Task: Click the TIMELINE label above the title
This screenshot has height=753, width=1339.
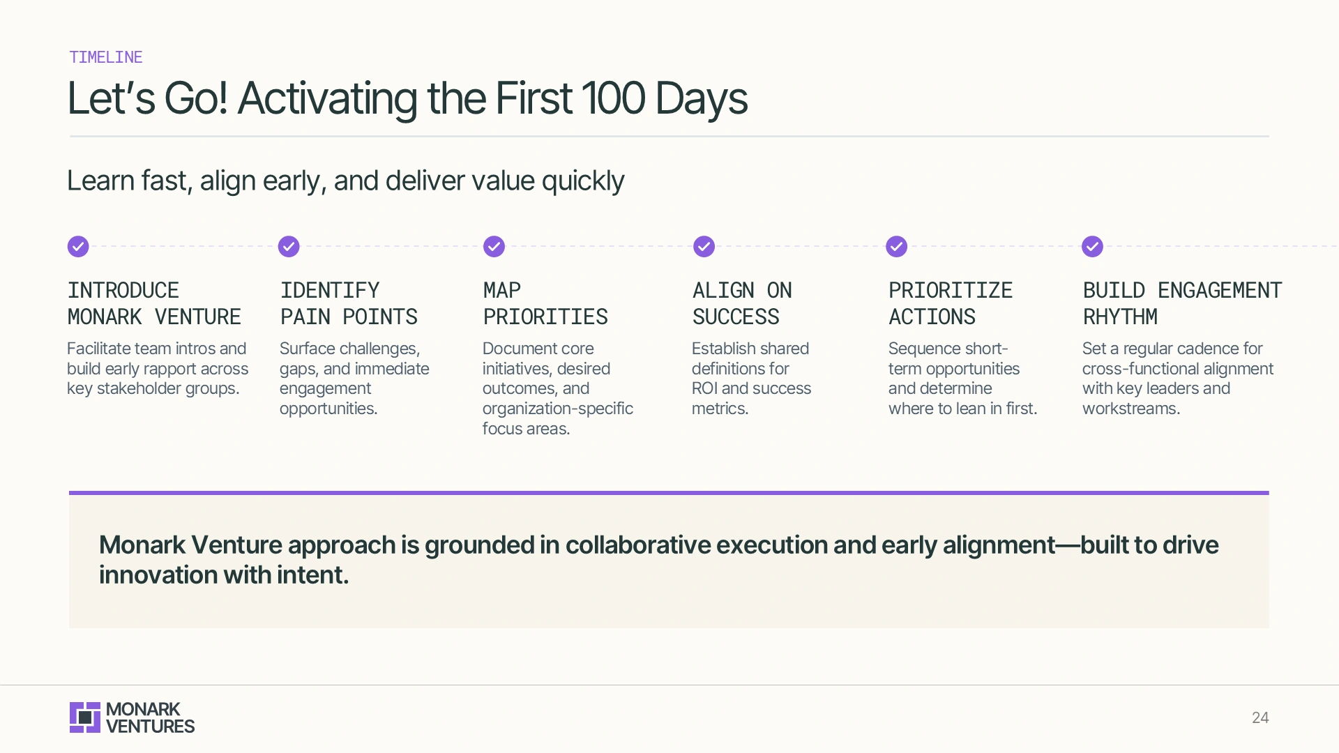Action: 105,57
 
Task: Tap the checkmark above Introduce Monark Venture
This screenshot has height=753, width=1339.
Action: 78,246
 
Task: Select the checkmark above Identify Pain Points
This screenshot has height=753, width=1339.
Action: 289,246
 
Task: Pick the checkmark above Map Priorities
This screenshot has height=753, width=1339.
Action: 494,246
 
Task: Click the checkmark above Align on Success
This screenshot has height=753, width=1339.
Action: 704,246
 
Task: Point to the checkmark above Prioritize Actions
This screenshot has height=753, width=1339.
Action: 896,246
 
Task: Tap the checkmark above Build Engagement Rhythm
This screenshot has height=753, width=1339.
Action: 1092,246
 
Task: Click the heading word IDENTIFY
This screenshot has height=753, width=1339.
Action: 330,290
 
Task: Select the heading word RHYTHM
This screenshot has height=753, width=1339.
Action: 1120,317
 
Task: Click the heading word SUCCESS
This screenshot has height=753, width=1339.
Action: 736,317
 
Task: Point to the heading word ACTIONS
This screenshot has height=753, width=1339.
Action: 932,317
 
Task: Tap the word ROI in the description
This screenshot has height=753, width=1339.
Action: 704,388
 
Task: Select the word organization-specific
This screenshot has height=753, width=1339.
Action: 557,409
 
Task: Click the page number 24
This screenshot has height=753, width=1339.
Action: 1259,717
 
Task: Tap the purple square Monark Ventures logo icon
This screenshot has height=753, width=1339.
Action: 85,717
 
